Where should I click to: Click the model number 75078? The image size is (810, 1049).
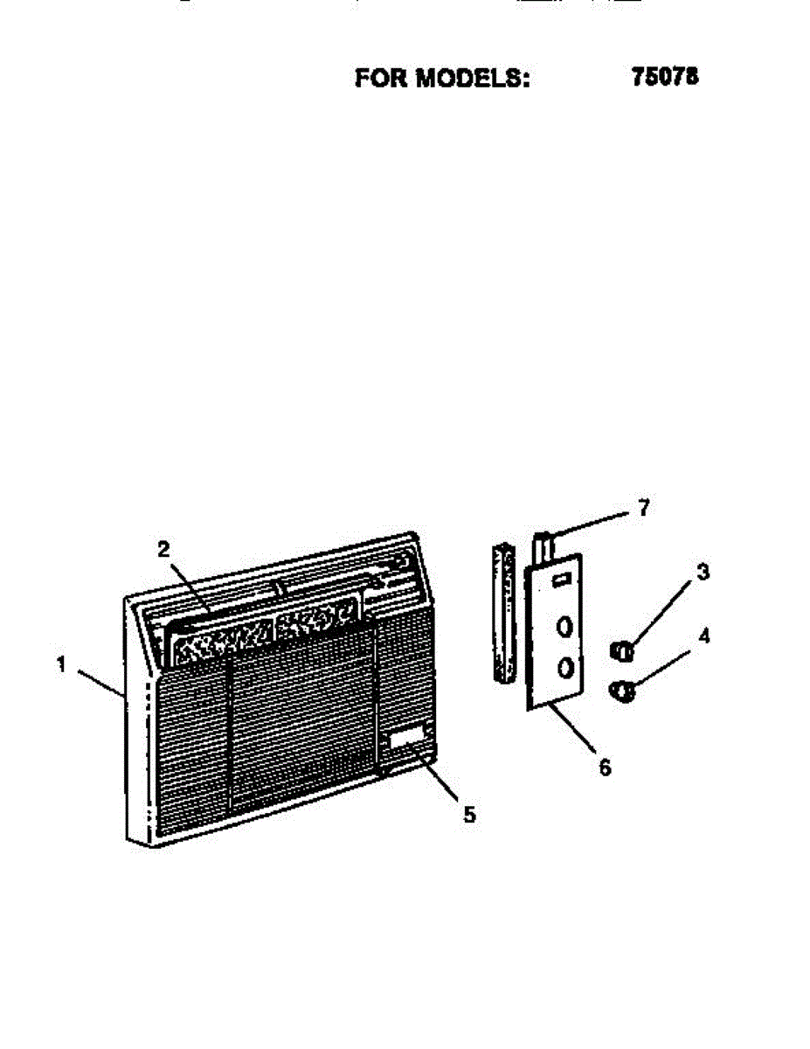pos(664,77)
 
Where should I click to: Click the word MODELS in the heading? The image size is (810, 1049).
pos(473,78)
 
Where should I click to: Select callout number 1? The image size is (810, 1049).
pos(61,664)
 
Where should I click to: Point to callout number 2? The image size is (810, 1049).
pos(163,549)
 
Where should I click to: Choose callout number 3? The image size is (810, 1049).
pos(703,573)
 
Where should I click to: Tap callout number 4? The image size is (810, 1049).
pos(703,636)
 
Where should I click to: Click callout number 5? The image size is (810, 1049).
pos(469,815)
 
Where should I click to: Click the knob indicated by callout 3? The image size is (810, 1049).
pos(622,650)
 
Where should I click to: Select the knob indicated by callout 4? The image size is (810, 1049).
pos(623,691)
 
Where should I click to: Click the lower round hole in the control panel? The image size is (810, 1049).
pos(565,669)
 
